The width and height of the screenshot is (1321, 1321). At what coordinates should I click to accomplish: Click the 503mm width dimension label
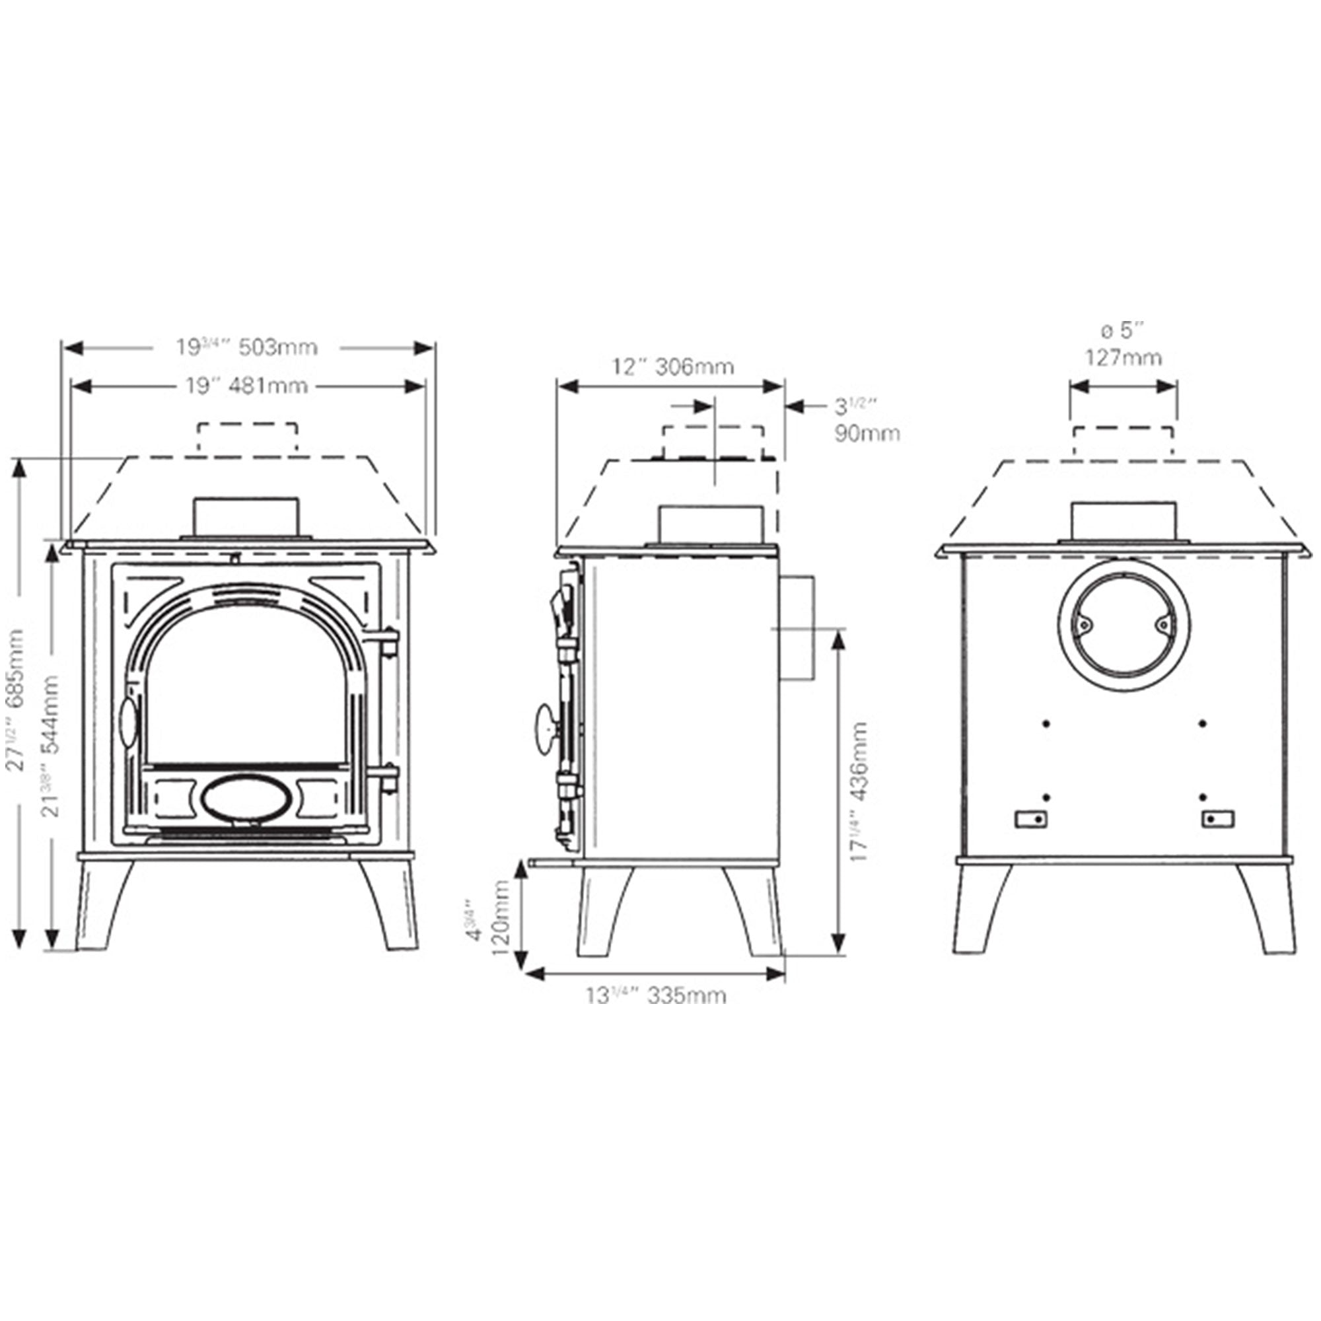pos(248,347)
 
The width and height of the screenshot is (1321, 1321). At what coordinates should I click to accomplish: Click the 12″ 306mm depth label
pos(673,367)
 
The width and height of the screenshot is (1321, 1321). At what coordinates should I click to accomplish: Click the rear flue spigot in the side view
pos(796,627)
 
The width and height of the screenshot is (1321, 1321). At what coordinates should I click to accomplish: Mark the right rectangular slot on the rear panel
pos(1218,819)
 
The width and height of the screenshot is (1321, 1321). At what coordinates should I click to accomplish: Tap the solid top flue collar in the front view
pos(246,518)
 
